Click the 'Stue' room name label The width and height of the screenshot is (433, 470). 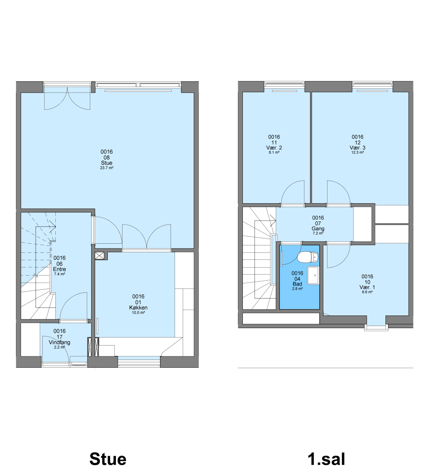click(x=106, y=163)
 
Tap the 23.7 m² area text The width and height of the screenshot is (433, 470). click(x=106, y=168)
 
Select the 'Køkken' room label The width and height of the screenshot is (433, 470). click(x=138, y=308)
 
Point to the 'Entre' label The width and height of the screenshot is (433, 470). click(x=59, y=269)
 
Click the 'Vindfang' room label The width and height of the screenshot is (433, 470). click(x=59, y=342)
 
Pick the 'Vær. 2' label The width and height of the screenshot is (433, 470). click(x=274, y=148)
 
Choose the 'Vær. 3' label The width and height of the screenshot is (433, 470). click(x=357, y=148)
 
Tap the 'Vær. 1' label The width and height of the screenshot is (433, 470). click(x=367, y=287)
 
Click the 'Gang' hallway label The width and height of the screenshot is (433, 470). click(x=318, y=229)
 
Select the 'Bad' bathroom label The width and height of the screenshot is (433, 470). click(x=297, y=284)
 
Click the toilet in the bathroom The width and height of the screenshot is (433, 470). click(x=308, y=257)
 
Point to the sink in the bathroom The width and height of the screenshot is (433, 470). click(x=313, y=275)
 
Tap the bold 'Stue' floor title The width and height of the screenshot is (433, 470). click(x=108, y=459)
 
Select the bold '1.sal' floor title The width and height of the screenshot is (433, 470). click(x=326, y=459)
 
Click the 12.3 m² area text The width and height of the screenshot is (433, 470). click(x=357, y=153)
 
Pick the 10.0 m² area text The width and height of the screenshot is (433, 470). click(x=138, y=312)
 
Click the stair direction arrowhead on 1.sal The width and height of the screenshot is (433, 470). click(x=274, y=221)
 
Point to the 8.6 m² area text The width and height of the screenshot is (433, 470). click(x=367, y=292)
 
